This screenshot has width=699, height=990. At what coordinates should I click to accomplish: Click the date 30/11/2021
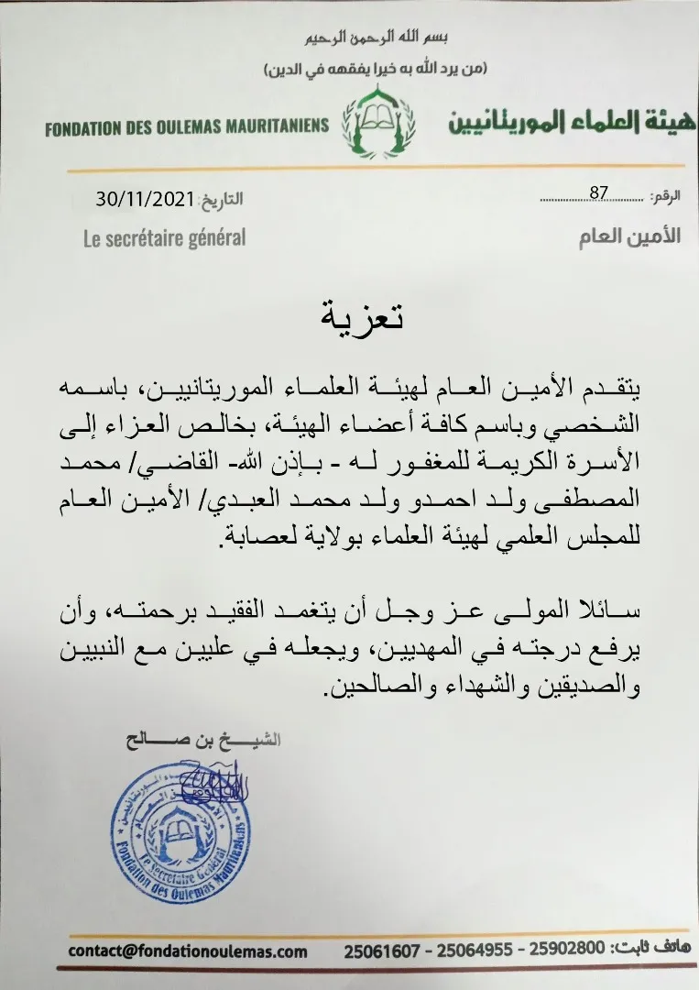(x=144, y=198)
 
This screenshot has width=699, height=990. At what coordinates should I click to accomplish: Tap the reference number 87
(x=599, y=192)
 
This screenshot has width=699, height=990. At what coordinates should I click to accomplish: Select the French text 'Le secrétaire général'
(x=164, y=237)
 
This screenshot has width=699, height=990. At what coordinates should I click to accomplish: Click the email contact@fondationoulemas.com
(x=188, y=951)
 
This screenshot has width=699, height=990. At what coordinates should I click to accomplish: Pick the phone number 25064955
(x=474, y=951)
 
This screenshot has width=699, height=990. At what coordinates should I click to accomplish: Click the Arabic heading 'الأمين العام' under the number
(x=629, y=236)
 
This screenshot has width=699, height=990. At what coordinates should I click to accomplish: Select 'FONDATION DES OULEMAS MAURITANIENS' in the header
(x=186, y=126)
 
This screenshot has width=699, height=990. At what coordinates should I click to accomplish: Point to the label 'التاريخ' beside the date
(x=222, y=199)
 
